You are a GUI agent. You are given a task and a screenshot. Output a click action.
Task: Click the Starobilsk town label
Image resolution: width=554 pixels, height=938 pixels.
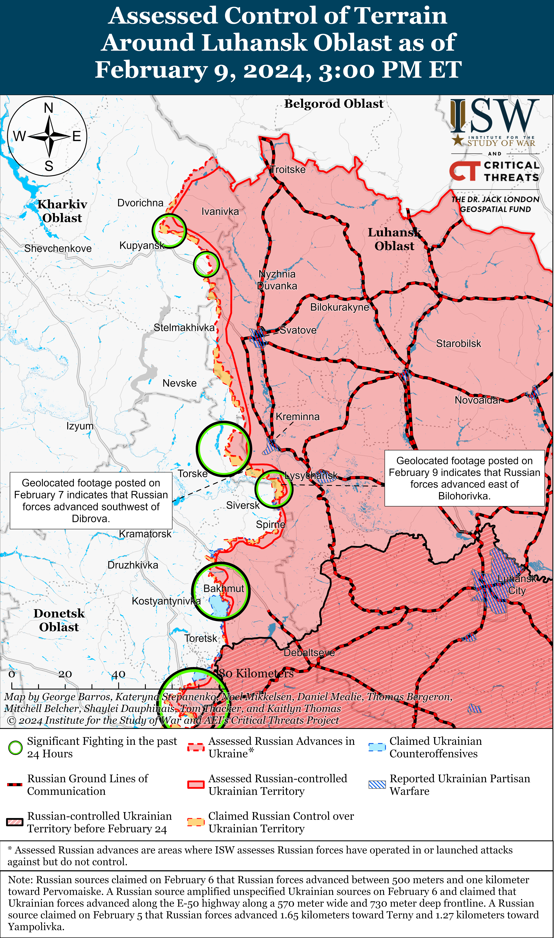click(458, 344)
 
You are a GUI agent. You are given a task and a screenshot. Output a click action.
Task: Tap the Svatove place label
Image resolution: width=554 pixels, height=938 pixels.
click(298, 330)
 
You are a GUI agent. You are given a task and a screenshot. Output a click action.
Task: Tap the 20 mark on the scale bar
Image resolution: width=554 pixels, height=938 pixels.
click(65, 674)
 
